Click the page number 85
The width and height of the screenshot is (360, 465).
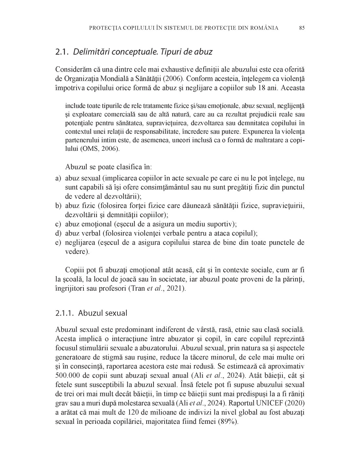pos(302,28)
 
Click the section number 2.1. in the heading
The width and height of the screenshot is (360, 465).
pos(62,52)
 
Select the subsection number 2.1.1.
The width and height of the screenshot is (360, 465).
pos(65,313)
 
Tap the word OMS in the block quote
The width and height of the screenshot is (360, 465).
pos(87,149)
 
